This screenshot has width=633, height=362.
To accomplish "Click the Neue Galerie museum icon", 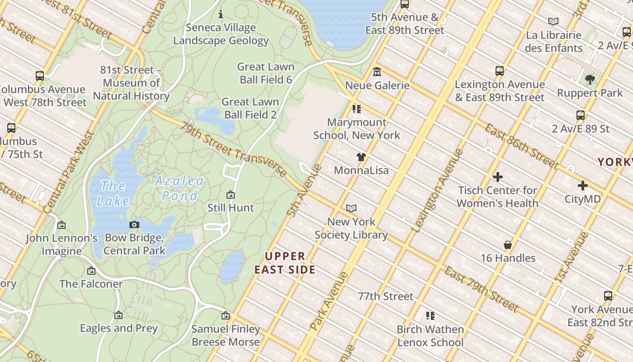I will tap(377, 71).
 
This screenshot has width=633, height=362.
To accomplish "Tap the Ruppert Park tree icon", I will tap(590, 79).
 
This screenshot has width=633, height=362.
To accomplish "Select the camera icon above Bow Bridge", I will tap(134, 224).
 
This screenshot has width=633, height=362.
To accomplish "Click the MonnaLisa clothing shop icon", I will tap(361, 157).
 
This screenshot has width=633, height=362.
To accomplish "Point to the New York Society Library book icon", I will tap(351, 208).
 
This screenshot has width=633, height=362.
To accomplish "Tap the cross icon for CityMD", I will tap(583, 185).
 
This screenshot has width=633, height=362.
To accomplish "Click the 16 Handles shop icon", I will tap(508, 245).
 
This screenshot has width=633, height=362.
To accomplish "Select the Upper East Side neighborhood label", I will tap(285, 263).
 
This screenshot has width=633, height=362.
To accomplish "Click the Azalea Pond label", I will tap(180, 188).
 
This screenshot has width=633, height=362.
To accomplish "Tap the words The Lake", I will tap(113, 193).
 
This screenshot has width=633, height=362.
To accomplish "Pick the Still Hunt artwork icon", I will tap(231, 195).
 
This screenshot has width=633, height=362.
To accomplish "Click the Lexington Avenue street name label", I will tap(437, 191).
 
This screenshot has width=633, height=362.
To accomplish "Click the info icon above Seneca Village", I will tap(221, 14).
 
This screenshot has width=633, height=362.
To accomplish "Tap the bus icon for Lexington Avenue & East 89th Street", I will tap(500, 71).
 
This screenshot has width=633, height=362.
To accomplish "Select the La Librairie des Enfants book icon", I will tap(553, 21).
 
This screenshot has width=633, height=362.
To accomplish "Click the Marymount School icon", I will tap(356, 109).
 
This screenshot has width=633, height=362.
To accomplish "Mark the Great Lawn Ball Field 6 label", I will tap(265, 73).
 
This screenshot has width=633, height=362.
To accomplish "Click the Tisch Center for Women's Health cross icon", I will tap(498, 177).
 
